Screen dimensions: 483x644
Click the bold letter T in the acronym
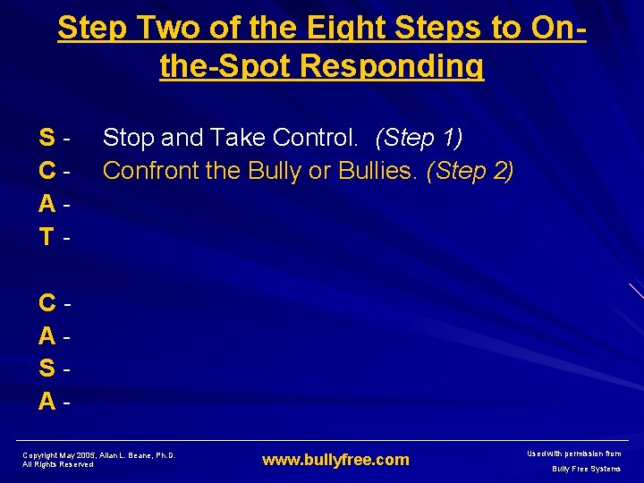click(46, 237)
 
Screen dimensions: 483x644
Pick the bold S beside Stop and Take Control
click(46, 138)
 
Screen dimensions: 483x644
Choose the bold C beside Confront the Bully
click(46, 171)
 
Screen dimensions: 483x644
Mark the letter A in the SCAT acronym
click(46, 204)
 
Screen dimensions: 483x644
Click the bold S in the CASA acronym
click(46, 369)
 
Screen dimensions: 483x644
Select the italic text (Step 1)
click(419, 138)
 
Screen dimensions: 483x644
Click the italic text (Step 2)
click(470, 170)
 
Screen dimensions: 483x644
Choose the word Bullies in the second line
click(376, 170)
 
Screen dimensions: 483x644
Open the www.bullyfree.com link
click(335, 460)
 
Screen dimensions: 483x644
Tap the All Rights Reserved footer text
click(58, 464)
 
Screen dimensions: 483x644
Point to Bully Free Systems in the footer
click(586, 469)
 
